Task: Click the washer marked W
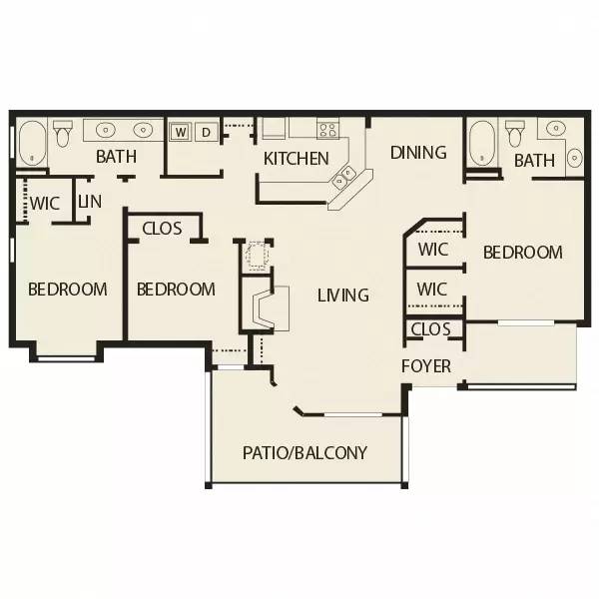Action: click(x=182, y=132)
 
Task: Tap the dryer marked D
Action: click(x=207, y=132)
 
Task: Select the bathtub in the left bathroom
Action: click(x=31, y=142)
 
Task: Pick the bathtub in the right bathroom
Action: click(x=482, y=142)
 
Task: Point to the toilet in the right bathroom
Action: click(x=516, y=132)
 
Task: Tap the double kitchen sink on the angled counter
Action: click(x=345, y=178)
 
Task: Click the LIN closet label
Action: click(x=90, y=202)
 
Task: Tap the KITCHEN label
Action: click(x=296, y=159)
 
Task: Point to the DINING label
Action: click(x=417, y=153)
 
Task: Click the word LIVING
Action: click(x=342, y=296)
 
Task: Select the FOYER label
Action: click(x=426, y=366)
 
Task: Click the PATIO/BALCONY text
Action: click(x=304, y=452)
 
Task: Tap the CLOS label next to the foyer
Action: click(x=430, y=328)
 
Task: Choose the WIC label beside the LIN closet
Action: click(x=45, y=203)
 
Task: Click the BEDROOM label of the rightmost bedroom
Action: click(x=522, y=253)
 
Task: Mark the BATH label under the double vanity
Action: click(x=116, y=157)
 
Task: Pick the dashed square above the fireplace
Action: click(x=258, y=256)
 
